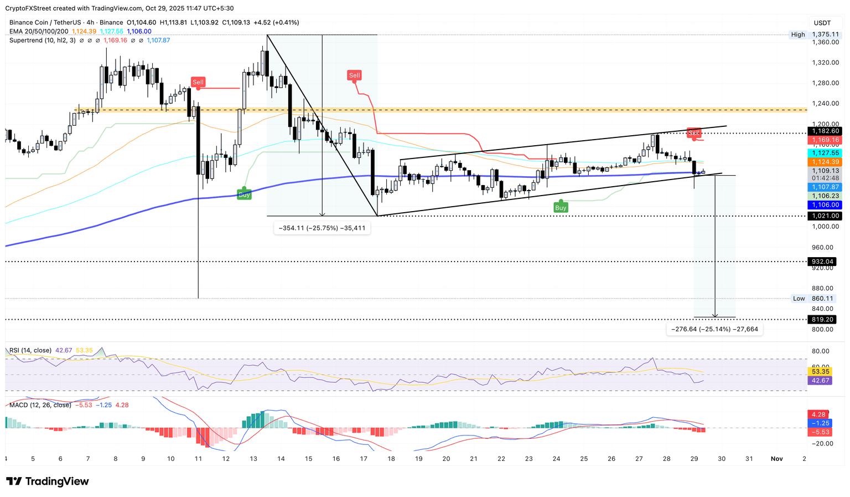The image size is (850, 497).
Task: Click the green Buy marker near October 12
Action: pos(244,194)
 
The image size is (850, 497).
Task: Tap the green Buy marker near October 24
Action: pos(561,208)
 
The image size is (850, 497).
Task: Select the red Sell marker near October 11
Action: pos(198,82)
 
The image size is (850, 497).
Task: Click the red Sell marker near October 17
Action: pos(354,75)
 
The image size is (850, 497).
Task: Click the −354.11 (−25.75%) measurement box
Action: pos(322,228)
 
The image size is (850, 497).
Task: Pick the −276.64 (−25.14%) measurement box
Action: pos(714,330)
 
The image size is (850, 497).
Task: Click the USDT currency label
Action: pos(822,23)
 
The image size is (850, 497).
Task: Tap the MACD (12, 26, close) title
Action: pos(40,405)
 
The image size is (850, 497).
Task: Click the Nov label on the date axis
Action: pos(776,459)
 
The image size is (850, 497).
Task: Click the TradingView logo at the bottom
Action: pos(48,481)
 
